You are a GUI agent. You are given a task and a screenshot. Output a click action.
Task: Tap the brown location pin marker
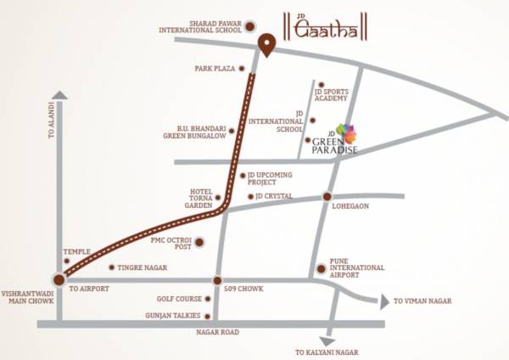pos(267,45)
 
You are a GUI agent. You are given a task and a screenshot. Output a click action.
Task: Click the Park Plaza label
pos(214,69)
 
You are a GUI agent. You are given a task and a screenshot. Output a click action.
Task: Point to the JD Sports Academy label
pos(331,94)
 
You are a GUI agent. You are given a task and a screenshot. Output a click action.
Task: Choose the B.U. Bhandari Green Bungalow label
pos(195,134)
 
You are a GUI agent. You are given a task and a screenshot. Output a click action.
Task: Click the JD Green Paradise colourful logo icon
pos(348,132)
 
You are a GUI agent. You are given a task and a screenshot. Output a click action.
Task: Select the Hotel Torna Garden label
pos(200,200)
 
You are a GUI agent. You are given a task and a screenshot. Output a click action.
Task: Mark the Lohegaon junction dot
pos(327,197)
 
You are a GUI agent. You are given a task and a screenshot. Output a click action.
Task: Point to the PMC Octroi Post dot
pos(199,243)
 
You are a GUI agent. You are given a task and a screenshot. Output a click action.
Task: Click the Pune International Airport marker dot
pos(321,270)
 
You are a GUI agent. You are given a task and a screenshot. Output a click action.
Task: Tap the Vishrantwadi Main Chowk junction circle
pos(58,278)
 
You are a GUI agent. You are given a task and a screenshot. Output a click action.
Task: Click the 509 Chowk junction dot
pos(217,280)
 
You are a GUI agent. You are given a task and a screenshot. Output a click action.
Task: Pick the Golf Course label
pos(178,299)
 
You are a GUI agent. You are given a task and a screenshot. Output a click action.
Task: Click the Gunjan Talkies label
pos(176,316)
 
